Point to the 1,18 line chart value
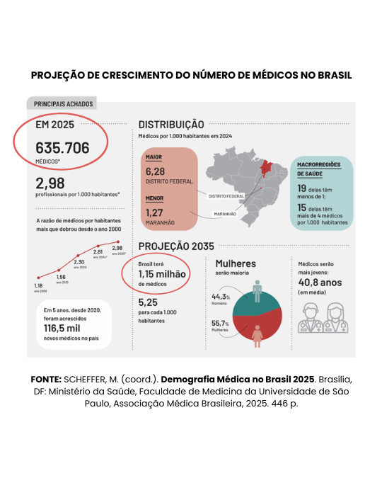click(38, 285)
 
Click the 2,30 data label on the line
click(80, 262)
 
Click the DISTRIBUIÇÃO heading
click(171, 124)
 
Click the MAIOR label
click(154, 157)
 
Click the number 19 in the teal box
click(302, 188)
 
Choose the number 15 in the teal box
click(302, 208)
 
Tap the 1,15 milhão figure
click(162, 273)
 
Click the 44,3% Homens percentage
click(220, 297)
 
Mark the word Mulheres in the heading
click(236, 263)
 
